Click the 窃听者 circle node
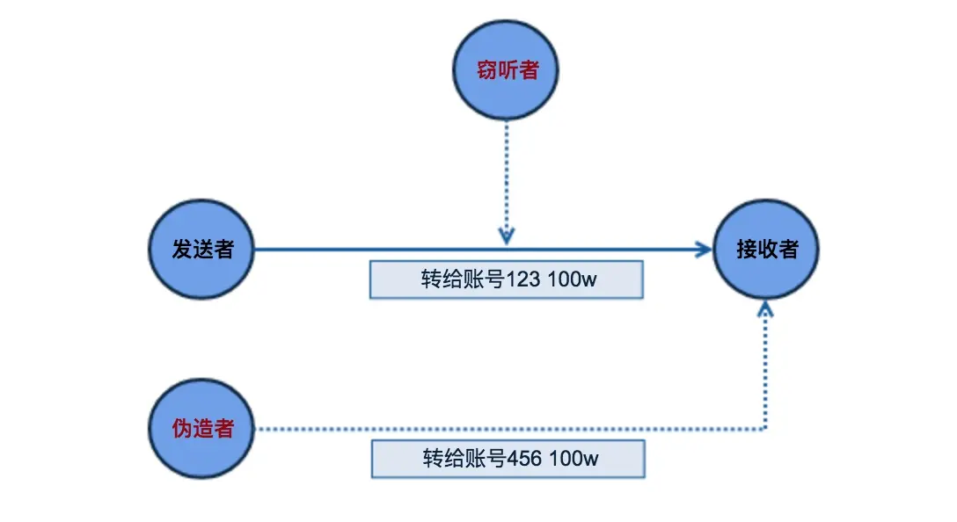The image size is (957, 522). point(507,71)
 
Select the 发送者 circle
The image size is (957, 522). point(202,250)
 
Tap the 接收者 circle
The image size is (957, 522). point(767,250)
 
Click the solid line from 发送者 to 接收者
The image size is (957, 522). point(369,250)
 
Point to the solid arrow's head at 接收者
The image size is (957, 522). point(703,250)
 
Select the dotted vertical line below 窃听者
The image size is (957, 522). point(507,176)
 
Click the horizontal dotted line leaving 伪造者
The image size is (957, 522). point(510,429)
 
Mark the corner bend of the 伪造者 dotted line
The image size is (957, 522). point(766,429)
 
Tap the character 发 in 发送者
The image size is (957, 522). point(181,250)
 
